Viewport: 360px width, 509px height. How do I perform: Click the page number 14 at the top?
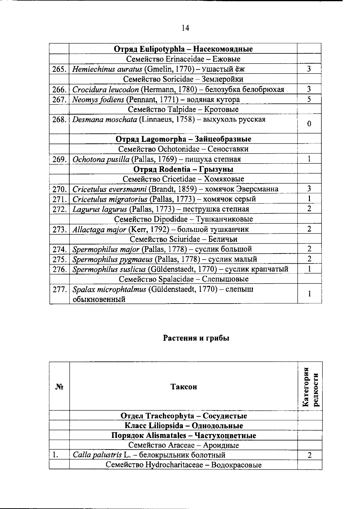tap(185, 28)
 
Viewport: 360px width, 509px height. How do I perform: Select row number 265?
tap(59, 69)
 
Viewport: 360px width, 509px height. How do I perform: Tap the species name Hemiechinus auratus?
tap(107, 69)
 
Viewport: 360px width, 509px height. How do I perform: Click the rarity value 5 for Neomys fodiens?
tap(309, 99)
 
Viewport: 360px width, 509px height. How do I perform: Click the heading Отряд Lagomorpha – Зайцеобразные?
tap(183, 139)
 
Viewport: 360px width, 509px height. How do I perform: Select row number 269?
tap(59, 159)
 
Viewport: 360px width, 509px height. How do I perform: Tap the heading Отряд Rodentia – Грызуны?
tap(183, 169)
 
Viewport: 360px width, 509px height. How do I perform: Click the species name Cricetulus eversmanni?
tap(109, 189)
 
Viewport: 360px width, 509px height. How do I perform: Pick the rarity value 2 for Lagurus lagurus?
tap(309, 209)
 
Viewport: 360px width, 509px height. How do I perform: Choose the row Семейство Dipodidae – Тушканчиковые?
tap(183, 219)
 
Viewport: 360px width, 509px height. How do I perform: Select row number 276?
tap(59, 269)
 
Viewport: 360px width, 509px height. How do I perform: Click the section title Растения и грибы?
tap(196, 338)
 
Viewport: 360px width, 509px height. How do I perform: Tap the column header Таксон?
tap(183, 387)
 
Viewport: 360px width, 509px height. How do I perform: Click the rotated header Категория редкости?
tap(310, 387)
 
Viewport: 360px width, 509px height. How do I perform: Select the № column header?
tap(59, 387)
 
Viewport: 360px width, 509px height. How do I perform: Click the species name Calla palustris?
tap(97, 455)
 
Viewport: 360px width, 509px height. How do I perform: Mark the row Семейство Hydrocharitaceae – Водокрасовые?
tap(183, 465)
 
